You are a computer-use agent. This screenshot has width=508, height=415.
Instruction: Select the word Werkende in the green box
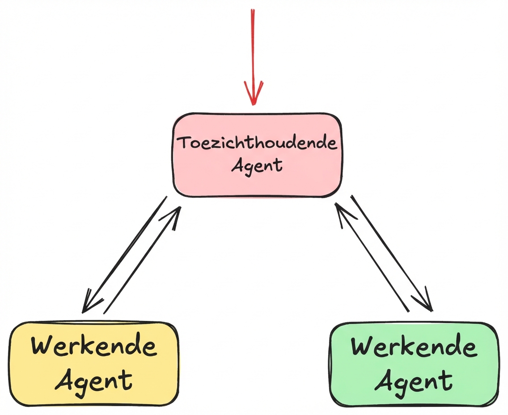click(x=414, y=347)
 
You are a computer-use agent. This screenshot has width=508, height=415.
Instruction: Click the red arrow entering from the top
click(x=253, y=45)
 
